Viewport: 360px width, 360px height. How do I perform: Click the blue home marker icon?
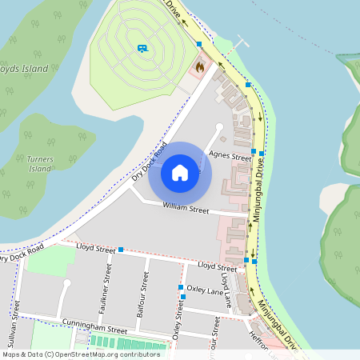(180, 173)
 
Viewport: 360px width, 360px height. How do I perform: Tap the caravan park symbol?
(142, 49)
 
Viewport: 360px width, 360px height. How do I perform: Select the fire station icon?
(198, 68)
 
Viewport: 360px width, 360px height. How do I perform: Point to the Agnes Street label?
(230, 156)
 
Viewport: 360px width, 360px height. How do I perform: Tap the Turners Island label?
(40, 164)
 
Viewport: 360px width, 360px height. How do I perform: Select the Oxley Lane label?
(206, 291)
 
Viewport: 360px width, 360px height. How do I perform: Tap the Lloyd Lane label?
(227, 293)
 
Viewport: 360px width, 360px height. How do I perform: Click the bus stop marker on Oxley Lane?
(183, 297)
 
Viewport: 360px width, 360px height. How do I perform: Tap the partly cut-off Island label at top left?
(24, 69)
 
